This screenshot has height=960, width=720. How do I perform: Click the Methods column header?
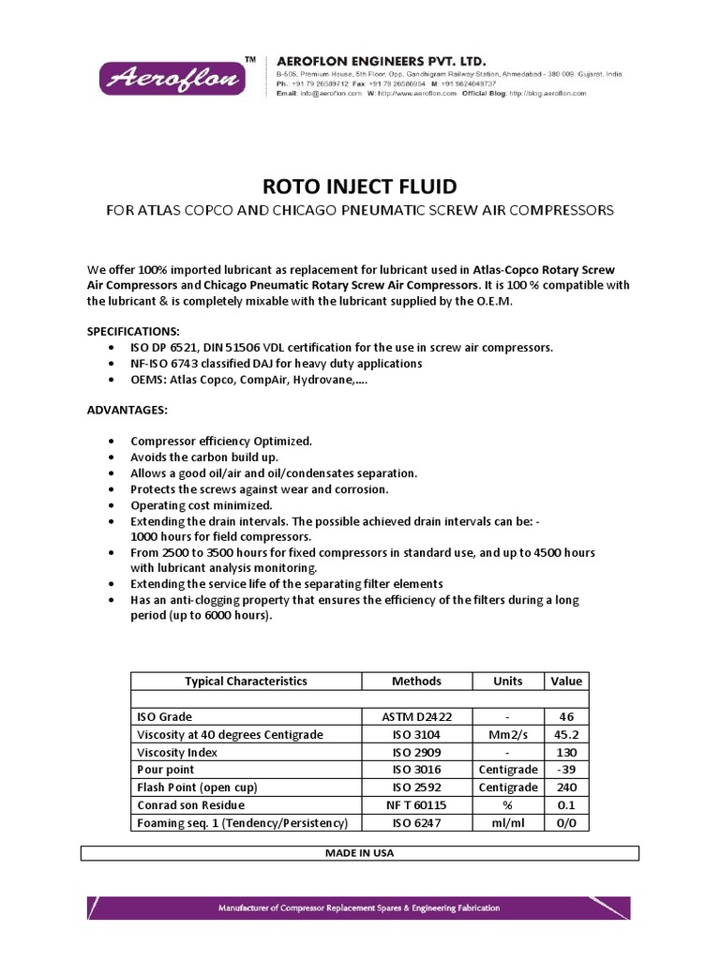click(416, 682)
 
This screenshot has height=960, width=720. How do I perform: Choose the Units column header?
click(507, 682)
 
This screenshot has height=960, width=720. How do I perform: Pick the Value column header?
click(565, 682)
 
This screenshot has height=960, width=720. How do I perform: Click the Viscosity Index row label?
click(177, 753)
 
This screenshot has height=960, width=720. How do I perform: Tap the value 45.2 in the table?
click(565, 735)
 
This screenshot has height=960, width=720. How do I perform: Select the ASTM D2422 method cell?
click(416, 717)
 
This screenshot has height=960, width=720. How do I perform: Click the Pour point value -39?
click(565, 771)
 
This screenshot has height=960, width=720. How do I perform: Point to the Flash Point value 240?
click(565, 787)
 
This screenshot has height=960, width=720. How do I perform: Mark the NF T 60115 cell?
click(416, 805)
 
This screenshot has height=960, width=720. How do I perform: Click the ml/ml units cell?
click(507, 823)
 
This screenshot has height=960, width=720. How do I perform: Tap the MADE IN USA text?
click(360, 853)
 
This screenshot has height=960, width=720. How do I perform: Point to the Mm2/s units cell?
click(507, 735)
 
